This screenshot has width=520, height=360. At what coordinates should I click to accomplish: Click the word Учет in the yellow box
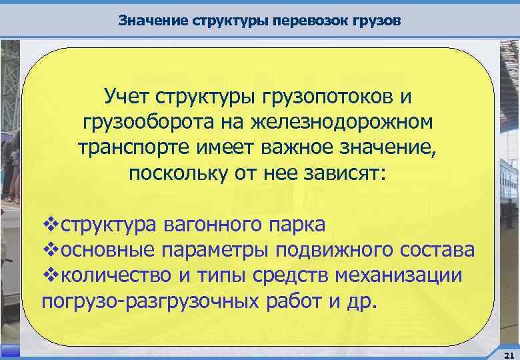pos(127,97)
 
